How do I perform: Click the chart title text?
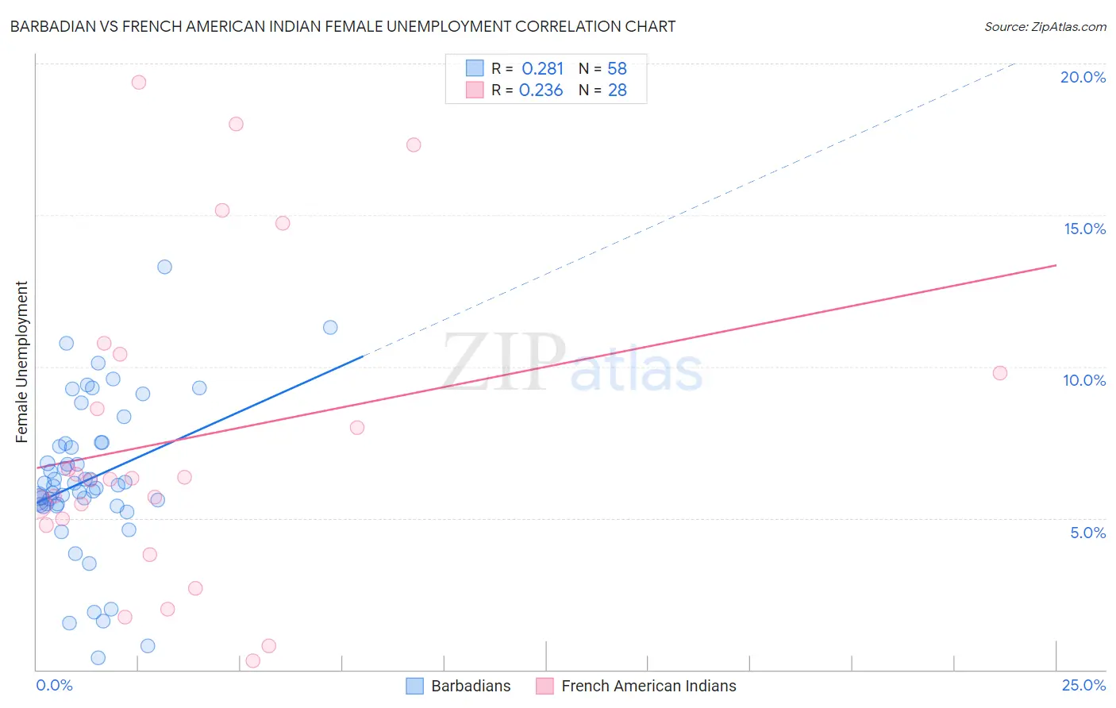click(x=342, y=26)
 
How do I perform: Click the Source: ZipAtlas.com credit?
click(x=1045, y=27)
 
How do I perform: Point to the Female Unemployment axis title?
click(x=21, y=362)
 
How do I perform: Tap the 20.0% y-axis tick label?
click(x=1083, y=77)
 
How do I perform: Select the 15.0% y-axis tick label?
click(x=1084, y=229)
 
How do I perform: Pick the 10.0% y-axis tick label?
click(x=1084, y=380)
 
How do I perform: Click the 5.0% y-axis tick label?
click(x=1087, y=533)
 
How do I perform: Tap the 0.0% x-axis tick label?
click(x=54, y=685)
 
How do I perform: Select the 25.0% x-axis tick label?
click(x=1083, y=685)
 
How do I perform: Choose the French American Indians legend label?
click(x=648, y=686)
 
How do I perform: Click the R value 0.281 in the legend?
click(x=542, y=69)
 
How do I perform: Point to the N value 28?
click(x=617, y=90)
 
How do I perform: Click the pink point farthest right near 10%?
click(x=999, y=373)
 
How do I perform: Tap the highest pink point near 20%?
click(x=139, y=82)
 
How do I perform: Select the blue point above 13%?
click(x=164, y=267)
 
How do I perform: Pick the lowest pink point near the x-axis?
click(x=253, y=660)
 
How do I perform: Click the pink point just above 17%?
click(x=414, y=144)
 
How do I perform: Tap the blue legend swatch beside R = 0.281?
click(x=475, y=68)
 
